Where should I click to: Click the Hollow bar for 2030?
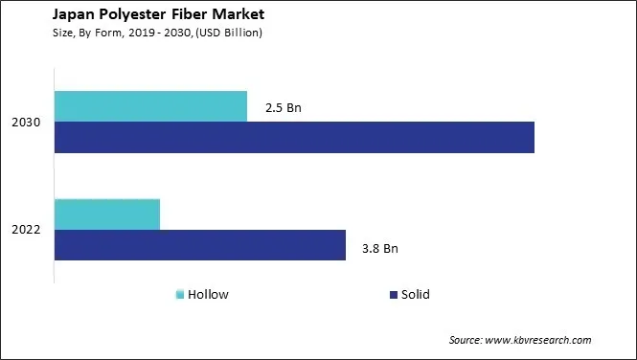click(150, 106)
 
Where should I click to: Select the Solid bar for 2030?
click(294, 138)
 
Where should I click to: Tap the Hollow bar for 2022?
click(107, 214)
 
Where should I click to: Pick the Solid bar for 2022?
click(199, 245)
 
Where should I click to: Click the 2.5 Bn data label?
click(284, 108)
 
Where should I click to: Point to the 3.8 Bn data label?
click(379, 249)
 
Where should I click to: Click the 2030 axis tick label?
click(26, 124)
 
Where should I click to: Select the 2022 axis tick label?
click(26, 231)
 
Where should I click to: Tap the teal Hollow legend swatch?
click(179, 295)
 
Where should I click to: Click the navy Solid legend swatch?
click(393, 295)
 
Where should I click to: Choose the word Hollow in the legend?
click(208, 295)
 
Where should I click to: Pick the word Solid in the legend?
click(416, 295)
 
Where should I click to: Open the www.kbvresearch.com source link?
click(540, 340)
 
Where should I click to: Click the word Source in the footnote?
click(466, 340)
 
